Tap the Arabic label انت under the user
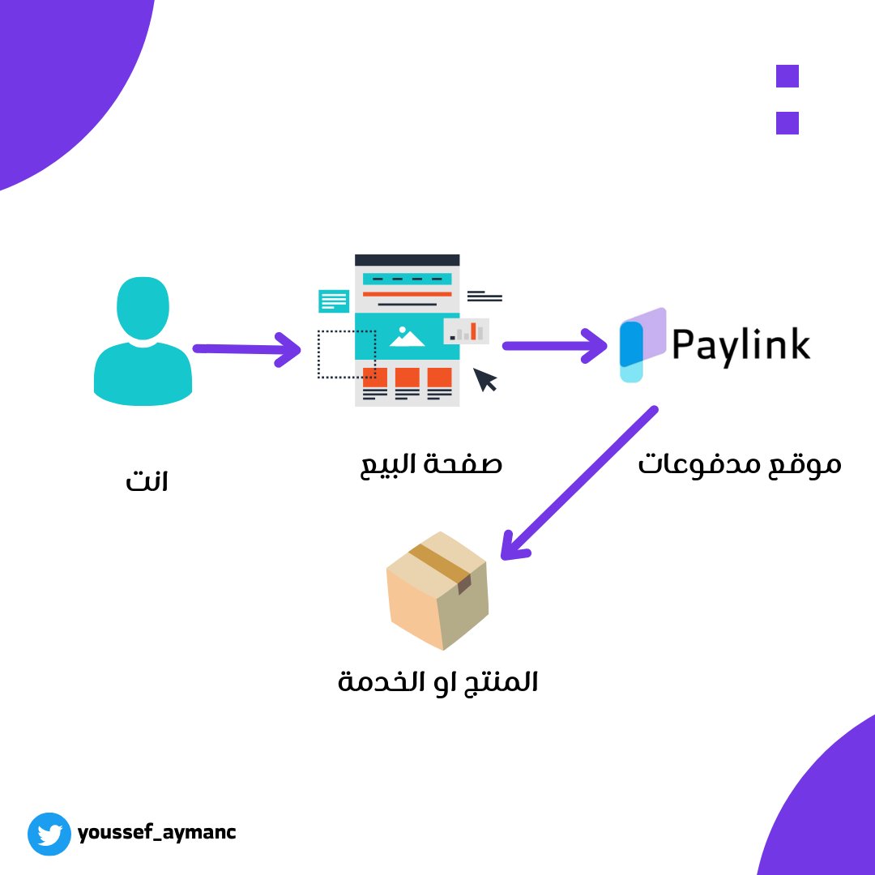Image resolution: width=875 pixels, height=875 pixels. [x=147, y=483]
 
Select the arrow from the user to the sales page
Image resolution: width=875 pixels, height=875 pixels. [x=246, y=349]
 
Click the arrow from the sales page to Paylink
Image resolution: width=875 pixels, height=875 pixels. [x=555, y=346]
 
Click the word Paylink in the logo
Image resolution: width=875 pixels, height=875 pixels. [x=741, y=345]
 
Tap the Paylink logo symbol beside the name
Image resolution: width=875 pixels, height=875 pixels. [x=642, y=344]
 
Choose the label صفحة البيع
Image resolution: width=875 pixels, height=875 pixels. [x=431, y=464]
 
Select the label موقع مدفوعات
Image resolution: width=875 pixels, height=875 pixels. [x=739, y=465]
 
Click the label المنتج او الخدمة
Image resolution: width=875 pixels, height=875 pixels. [x=437, y=681]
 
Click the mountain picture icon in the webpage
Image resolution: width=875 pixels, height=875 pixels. [x=407, y=336]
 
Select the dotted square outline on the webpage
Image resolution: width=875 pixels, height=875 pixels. [x=346, y=354]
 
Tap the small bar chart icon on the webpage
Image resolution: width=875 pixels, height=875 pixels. [x=467, y=331]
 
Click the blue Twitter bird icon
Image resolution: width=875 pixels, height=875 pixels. [x=50, y=834]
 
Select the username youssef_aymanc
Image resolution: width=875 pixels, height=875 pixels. [x=157, y=832]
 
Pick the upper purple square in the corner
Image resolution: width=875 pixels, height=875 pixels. [x=787, y=76]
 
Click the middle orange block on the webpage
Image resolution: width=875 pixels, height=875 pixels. [x=407, y=377]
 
